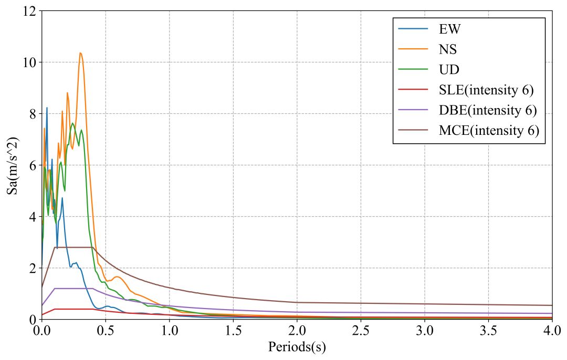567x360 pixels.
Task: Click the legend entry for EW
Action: click(450, 28)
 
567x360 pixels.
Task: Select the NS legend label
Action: click(448, 49)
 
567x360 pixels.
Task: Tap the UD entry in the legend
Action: click(449, 70)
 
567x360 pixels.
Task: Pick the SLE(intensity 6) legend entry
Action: click(486, 90)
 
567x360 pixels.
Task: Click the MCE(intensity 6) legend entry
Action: click(489, 131)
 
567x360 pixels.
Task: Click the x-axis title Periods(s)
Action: click(297, 347)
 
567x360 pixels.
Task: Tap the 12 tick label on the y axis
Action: click(29, 11)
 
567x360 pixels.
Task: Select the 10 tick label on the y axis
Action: click(29, 62)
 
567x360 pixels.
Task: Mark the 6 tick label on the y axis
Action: click(33, 165)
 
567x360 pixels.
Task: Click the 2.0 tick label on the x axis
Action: click(297, 332)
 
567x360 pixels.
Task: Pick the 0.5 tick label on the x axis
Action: click(105, 332)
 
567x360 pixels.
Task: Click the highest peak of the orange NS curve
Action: click(80, 52)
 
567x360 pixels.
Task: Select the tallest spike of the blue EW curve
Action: click(47, 108)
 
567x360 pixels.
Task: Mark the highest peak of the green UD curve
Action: click(72, 123)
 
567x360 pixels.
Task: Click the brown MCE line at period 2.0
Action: click(297, 302)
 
